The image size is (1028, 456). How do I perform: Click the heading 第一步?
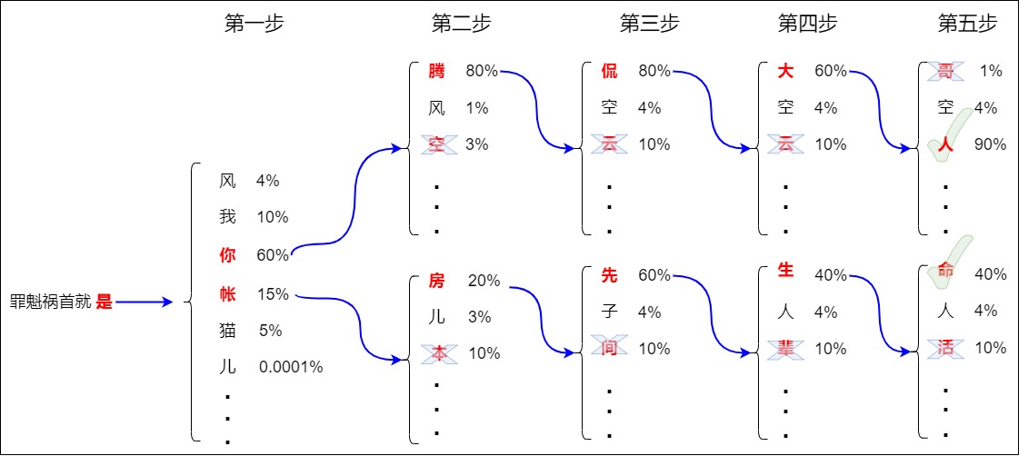tap(255, 25)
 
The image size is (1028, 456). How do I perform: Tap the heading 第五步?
tap(967, 25)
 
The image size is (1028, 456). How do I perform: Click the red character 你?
tap(227, 254)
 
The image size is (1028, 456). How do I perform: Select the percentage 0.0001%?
tap(291, 367)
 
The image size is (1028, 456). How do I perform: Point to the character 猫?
tap(227, 331)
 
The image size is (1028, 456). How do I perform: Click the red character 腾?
tap(437, 71)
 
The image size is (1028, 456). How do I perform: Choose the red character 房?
tap(437, 281)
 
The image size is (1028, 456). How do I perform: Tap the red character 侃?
tap(609, 71)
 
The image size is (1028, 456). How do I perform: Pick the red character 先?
tap(609, 275)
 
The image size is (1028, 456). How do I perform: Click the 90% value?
tap(990, 144)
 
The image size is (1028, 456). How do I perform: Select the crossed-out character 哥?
tap(945, 71)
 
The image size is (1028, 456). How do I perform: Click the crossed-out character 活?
tap(945, 347)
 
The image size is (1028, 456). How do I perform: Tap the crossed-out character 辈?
tap(785, 347)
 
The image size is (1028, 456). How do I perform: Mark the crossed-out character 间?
tap(609, 347)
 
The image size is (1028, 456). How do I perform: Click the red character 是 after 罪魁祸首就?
tap(105, 302)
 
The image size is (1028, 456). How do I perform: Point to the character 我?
tap(227, 217)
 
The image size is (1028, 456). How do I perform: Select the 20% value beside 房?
tap(484, 281)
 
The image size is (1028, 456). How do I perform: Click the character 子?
tap(609, 312)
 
